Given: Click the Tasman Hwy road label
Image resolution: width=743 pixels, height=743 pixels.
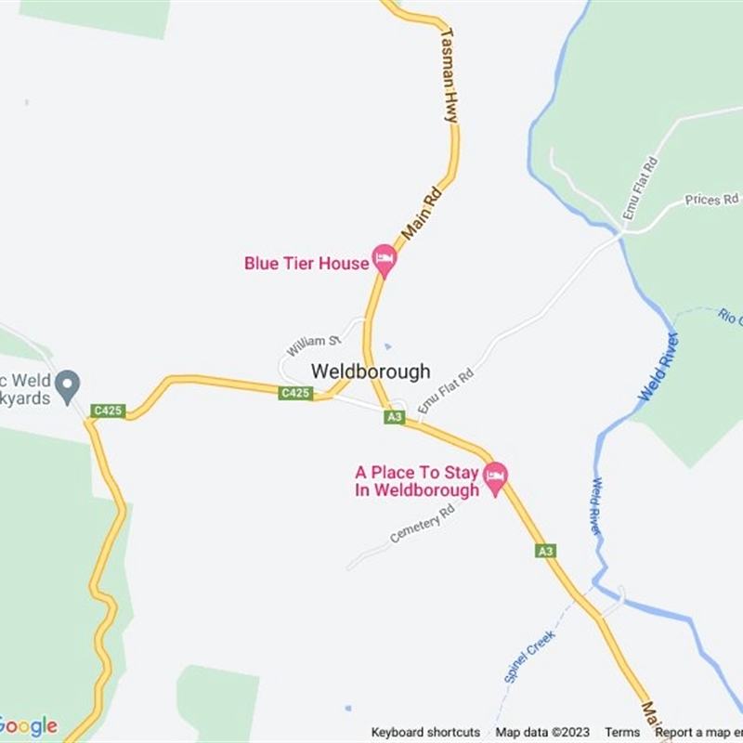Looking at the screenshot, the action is (450, 75).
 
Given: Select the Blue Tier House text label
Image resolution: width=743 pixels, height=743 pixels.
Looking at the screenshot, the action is (306, 264).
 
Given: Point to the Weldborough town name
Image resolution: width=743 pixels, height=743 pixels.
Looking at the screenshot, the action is (371, 371).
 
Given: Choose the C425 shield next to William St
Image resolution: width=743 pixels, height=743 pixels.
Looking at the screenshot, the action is (295, 394).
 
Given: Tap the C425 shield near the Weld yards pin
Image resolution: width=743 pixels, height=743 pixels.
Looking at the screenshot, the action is (108, 411).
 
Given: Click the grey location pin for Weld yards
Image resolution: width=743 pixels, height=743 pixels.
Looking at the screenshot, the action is (67, 385).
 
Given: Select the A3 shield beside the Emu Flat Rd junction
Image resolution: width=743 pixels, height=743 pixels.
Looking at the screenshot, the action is (395, 418).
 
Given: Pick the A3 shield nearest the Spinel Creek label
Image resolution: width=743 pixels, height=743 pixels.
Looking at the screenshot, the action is (546, 552).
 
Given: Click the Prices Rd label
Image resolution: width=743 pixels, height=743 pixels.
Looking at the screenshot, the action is (711, 200).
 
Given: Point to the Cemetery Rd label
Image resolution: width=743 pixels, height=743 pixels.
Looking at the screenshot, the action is (423, 526).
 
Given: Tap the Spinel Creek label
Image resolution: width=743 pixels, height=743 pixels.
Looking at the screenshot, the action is (529, 658).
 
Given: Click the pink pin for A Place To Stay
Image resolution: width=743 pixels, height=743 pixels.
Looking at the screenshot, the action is (496, 478).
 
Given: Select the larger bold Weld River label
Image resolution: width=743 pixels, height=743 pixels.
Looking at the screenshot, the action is (659, 367).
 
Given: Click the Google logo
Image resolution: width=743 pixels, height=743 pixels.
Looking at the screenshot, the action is (28, 726).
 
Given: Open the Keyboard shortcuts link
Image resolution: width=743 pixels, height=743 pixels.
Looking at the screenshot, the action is (425, 733).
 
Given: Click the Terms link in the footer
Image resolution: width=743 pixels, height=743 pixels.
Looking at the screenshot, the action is (622, 733).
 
